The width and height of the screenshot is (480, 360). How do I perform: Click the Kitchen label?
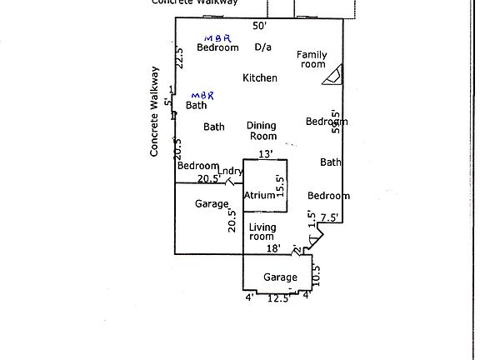(260, 78)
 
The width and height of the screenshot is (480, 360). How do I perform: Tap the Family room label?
(312, 59)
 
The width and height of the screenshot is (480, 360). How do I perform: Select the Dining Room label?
(262, 131)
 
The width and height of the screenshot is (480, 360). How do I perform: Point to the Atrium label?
(259, 196)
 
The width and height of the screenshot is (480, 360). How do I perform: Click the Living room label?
(262, 232)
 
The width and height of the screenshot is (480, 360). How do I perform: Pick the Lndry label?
(230, 172)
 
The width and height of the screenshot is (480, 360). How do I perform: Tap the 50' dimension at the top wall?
(260, 27)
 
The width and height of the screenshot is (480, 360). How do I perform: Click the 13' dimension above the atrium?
(266, 154)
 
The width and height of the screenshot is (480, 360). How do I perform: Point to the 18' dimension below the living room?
(272, 248)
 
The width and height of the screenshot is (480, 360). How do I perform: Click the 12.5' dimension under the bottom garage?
(278, 298)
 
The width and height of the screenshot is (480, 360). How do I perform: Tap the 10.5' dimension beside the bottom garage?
(316, 272)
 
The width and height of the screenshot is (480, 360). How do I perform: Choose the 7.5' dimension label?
(329, 217)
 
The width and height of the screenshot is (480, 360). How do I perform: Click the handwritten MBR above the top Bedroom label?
(217, 37)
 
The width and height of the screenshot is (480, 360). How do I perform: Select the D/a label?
(262, 47)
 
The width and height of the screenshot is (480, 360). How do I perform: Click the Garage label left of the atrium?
(212, 204)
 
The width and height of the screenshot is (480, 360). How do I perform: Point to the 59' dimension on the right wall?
(336, 122)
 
